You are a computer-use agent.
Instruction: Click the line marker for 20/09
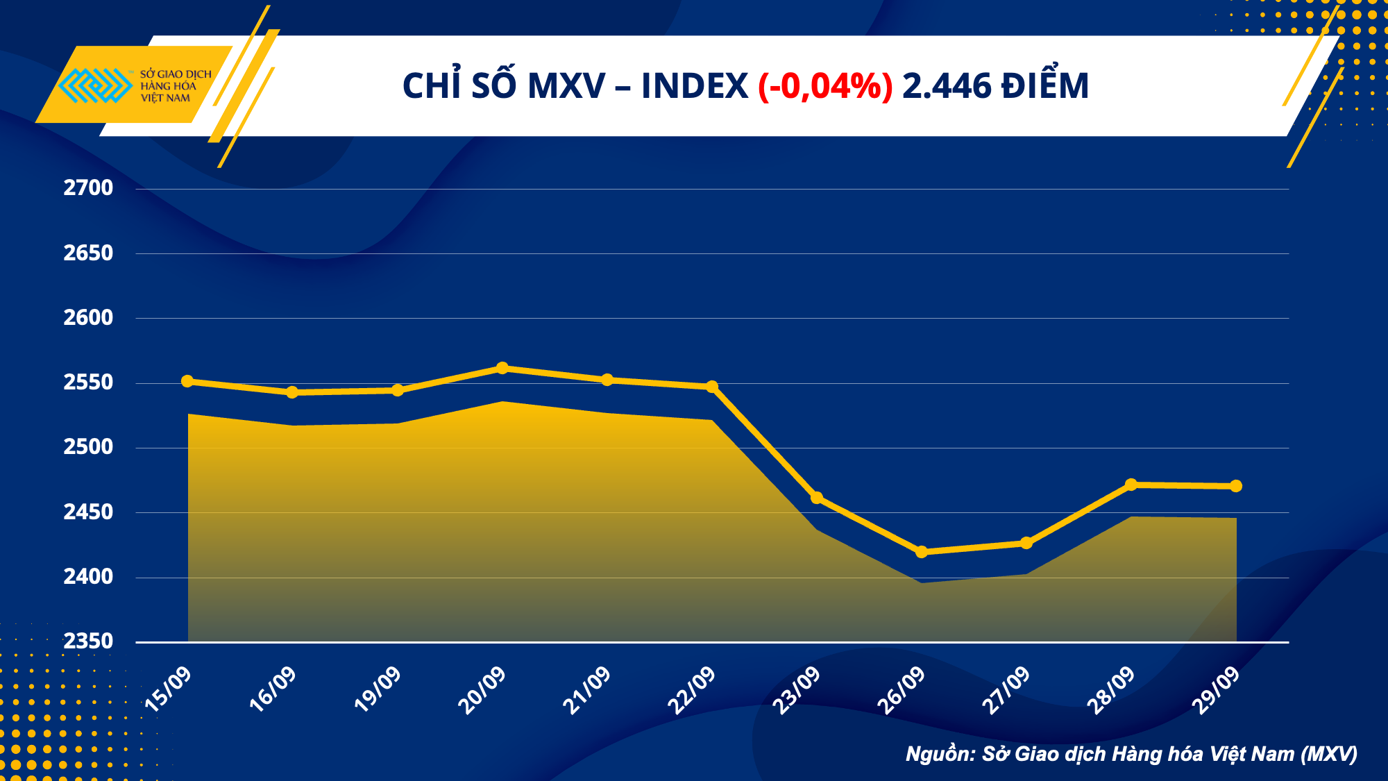(502, 368)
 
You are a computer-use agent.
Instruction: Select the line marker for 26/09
(922, 552)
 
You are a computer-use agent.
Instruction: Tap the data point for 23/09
(817, 498)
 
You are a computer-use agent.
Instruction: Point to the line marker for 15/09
(187, 381)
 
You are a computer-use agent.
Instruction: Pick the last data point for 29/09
(1236, 486)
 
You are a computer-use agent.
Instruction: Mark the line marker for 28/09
(1131, 485)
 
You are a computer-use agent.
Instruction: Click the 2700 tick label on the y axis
(88, 188)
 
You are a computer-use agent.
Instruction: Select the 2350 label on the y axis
(88, 641)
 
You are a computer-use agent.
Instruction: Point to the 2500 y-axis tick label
(88, 447)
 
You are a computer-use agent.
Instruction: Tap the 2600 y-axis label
(88, 318)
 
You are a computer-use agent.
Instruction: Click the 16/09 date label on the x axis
(273, 689)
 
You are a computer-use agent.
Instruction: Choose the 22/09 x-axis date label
(691, 690)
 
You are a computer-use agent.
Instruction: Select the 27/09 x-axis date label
(1006, 690)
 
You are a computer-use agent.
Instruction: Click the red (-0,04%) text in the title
(825, 87)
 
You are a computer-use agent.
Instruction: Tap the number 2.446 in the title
(947, 87)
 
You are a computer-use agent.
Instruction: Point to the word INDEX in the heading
(694, 87)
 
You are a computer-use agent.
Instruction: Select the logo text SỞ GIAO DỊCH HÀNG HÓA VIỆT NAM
(175, 86)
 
